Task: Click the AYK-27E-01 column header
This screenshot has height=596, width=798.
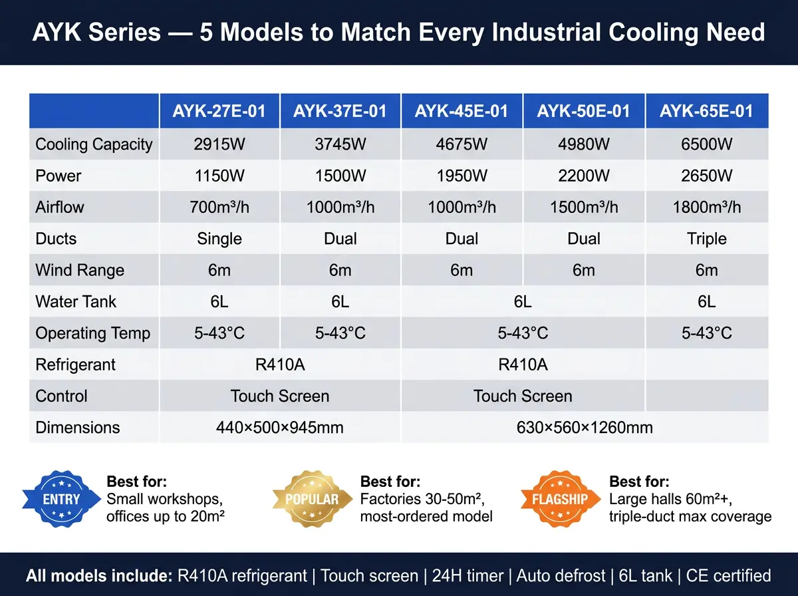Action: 219,111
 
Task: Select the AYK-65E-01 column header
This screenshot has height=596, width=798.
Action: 706,111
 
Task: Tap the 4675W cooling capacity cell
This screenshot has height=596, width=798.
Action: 462,144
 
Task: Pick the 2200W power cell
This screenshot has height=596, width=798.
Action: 583,176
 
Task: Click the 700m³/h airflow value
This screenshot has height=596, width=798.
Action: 219,207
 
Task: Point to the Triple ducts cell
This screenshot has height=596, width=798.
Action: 706,239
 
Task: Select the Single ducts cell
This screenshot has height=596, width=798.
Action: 219,239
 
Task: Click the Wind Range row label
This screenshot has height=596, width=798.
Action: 80,270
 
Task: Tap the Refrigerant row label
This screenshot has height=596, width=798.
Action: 75,365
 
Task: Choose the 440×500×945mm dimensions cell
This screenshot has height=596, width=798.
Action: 279,427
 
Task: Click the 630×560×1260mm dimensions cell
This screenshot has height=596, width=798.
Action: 585,427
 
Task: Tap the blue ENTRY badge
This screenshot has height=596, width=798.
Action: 61,499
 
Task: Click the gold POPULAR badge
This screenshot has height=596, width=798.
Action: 313,499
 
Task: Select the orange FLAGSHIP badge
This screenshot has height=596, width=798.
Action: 560,499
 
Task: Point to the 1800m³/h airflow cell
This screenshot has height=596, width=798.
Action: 706,207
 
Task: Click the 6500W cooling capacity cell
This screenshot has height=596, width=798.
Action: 706,144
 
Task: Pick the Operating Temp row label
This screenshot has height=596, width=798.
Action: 92,333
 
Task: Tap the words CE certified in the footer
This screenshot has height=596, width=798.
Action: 728,575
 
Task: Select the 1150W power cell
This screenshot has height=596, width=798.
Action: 219,176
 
